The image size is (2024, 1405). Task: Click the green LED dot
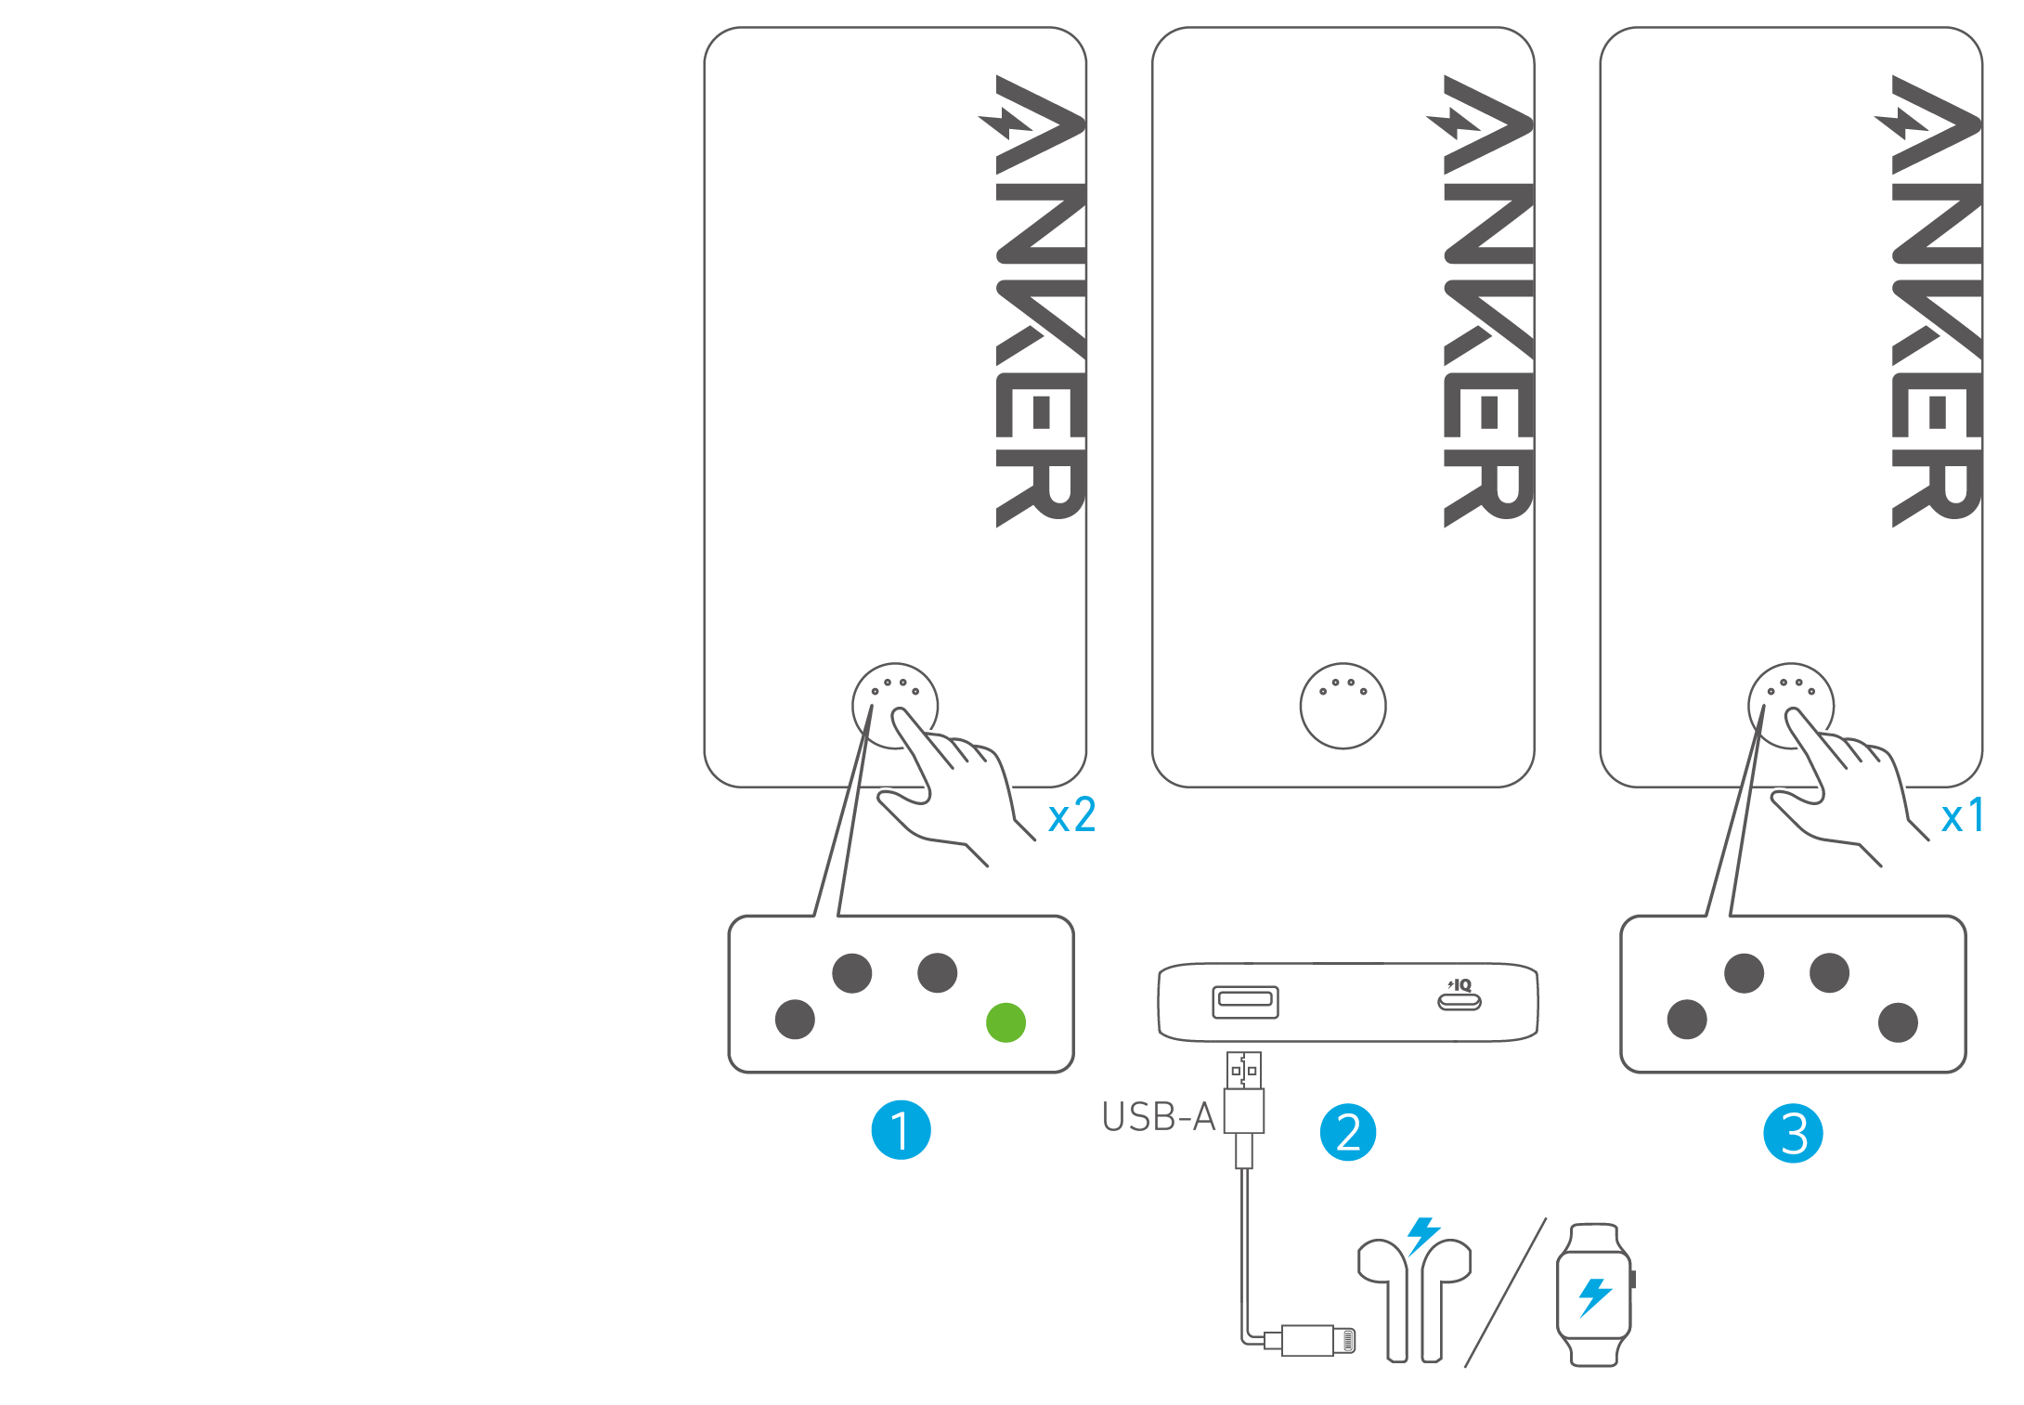tap(1006, 1022)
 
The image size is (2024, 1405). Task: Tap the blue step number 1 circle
tap(901, 1130)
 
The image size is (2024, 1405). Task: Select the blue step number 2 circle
tap(1348, 1132)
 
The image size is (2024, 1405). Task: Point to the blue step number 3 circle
tap(1793, 1133)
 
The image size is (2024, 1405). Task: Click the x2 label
tap(1071, 816)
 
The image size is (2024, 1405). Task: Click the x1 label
tap(1963, 816)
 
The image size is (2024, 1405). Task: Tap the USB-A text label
tap(1159, 1117)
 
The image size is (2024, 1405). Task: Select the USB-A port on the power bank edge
tap(1245, 1002)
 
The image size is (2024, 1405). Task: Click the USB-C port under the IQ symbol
tap(1460, 1002)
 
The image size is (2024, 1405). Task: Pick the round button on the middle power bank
tap(1343, 706)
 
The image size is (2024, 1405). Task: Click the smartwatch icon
tap(1594, 1294)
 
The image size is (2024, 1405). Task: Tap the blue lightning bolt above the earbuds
tap(1423, 1236)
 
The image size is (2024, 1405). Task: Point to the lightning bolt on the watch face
tap(1595, 1296)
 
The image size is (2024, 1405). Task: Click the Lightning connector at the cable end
tap(1318, 1341)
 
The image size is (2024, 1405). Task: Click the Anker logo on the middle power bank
tap(1487, 302)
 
